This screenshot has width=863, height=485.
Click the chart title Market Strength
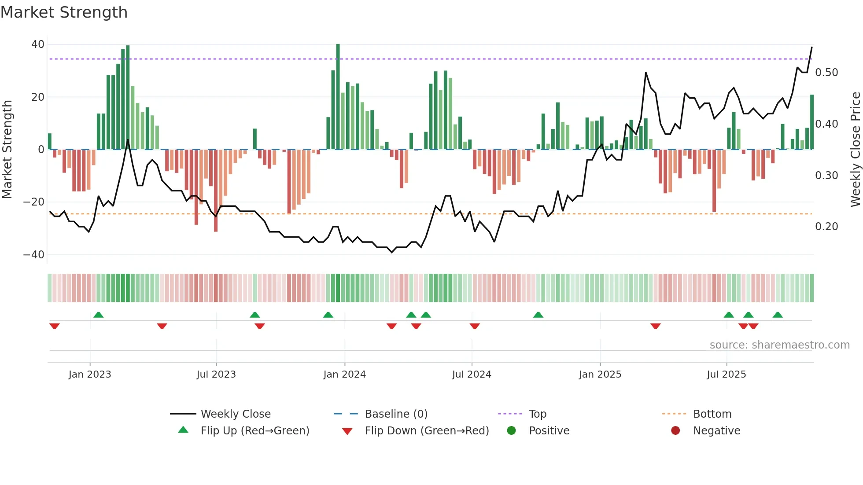[x=64, y=12]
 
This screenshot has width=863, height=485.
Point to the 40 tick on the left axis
[x=38, y=44]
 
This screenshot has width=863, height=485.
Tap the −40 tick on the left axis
[x=34, y=255]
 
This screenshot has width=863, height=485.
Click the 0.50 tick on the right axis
[x=826, y=73]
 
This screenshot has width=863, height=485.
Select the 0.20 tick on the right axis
[x=826, y=227]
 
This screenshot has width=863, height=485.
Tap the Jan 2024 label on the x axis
[x=344, y=375]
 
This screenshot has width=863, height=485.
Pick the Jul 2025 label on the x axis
[x=726, y=375]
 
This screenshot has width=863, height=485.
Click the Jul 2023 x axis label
[x=216, y=375]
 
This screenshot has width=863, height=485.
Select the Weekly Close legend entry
[x=236, y=414]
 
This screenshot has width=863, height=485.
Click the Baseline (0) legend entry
[x=396, y=414]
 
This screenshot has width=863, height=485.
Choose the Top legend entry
[x=537, y=414]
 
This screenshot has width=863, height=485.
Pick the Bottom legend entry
[x=712, y=414]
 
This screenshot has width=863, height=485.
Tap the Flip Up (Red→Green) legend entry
[x=254, y=431]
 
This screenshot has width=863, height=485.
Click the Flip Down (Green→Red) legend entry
[x=427, y=431]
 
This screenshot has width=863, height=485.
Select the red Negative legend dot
[x=675, y=431]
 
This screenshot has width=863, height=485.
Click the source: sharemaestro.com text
[x=779, y=345]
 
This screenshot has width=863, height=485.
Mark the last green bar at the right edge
[x=812, y=122]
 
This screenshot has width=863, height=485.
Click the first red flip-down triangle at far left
[x=55, y=326]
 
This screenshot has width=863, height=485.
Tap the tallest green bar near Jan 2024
[x=338, y=97]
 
